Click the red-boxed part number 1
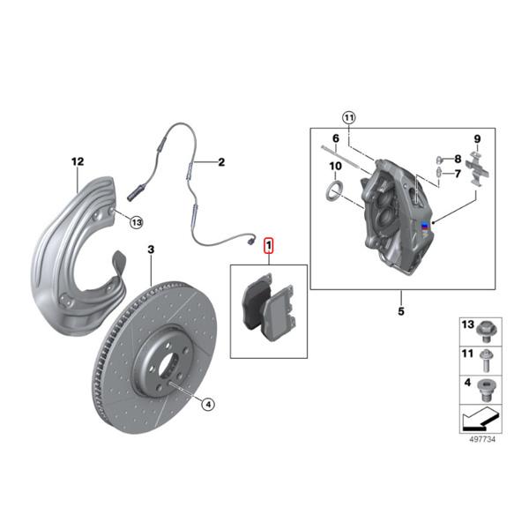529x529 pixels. click(x=270, y=246)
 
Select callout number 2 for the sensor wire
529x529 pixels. click(x=221, y=162)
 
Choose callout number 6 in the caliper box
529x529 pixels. click(x=335, y=138)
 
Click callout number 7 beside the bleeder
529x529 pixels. click(x=458, y=175)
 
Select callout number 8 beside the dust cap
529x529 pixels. click(x=458, y=159)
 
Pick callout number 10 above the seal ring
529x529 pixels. click(x=336, y=167)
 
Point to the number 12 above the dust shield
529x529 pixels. click(x=77, y=161)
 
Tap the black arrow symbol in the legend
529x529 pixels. click(x=475, y=417)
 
